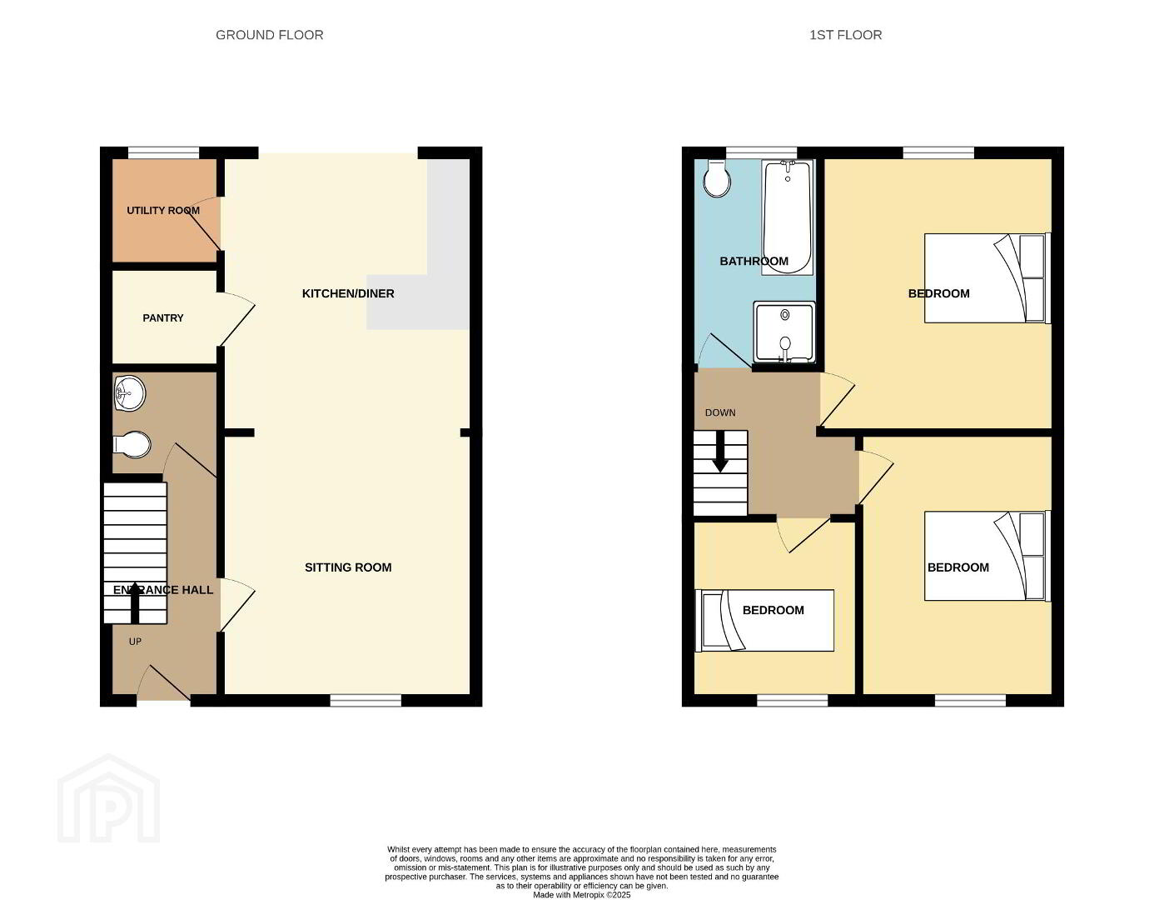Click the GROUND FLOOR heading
click(269, 35)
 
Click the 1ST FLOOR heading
click(845, 35)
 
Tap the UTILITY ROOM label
click(163, 211)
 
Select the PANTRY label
click(163, 317)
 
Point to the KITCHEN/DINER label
click(348, 293)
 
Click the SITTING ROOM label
click(348, 567)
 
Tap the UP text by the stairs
click(135, 642)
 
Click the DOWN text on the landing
click(720, 412)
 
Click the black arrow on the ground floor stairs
click(135, 602)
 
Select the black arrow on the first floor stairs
click(720, 452)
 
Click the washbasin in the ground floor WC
click(130, 393)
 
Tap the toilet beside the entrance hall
click(132, 445)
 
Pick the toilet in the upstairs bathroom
click(717, 178)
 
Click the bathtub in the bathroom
click(787, 217)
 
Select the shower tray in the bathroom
click(784, 332)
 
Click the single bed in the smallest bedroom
click(764, 620)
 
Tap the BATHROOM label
click(754, 261)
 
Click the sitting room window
click(366, 700)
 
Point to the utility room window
click(163, 152)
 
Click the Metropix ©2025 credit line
click(581, 895)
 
